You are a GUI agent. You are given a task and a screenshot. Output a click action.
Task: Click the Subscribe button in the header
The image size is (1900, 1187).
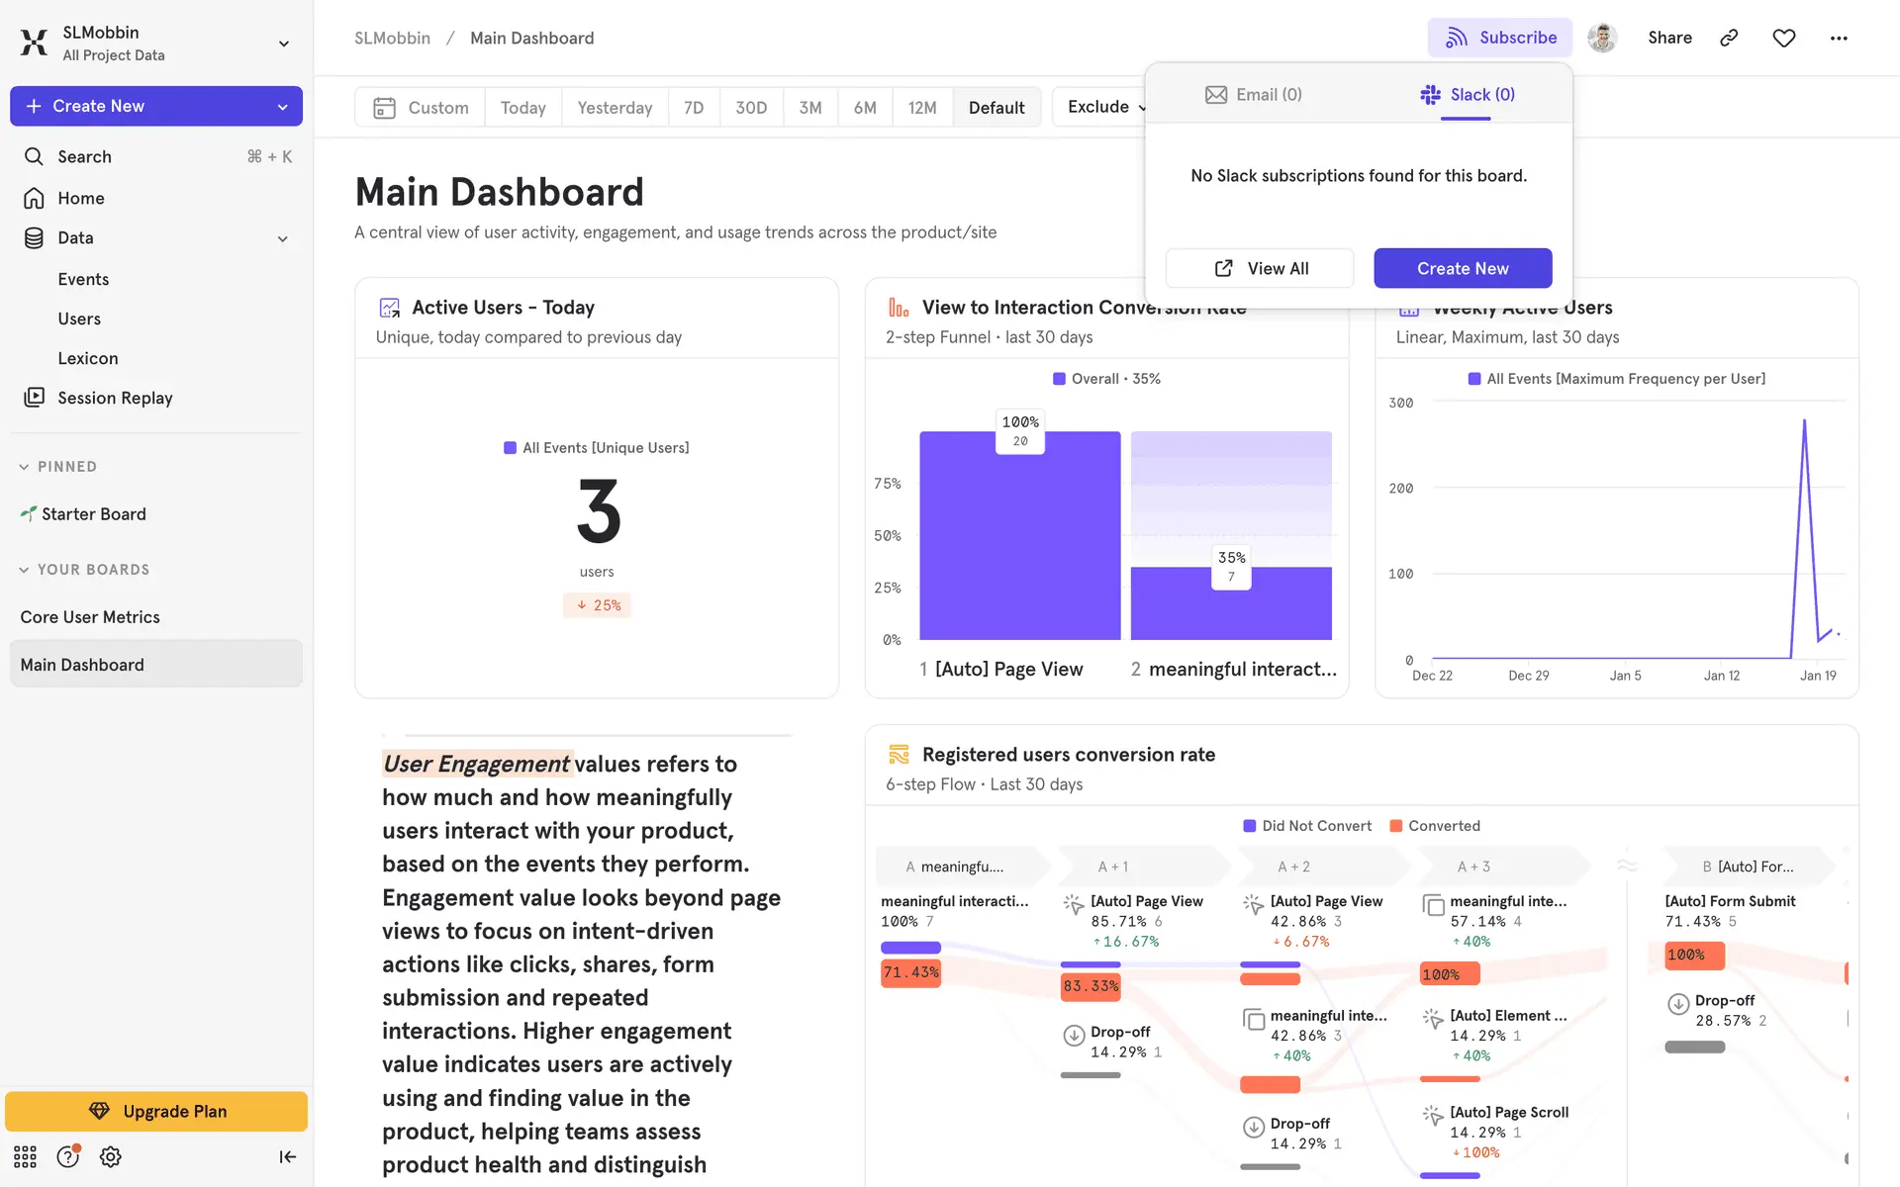coord(1499,38)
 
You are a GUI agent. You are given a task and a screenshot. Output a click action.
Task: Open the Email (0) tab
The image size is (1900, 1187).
coord(1253,95)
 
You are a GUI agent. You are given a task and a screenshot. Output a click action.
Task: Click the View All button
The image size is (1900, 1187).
coord(1260,268)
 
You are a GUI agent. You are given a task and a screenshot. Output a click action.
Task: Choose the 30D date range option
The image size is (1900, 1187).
coord(751,107)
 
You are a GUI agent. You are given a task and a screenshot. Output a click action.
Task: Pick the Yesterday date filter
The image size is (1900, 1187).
coord(615,107)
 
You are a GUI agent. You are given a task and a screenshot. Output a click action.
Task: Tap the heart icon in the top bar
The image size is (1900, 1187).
coord(1783,38)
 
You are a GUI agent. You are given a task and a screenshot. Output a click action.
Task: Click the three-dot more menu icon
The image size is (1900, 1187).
coord(1839,38)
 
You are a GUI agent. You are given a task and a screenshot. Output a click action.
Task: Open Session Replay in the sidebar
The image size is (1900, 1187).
coord(115,398)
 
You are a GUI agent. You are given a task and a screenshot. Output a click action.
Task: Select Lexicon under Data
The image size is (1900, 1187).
coord(88,358)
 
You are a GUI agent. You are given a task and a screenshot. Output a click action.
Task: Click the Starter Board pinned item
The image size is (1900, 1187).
coord(93,514)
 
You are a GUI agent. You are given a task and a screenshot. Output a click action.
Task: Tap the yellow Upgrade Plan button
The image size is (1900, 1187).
coord(156,1111)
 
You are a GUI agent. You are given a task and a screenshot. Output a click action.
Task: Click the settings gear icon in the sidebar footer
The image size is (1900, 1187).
coord(111,1156)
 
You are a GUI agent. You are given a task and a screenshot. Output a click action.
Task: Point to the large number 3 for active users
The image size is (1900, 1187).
coord(598,511)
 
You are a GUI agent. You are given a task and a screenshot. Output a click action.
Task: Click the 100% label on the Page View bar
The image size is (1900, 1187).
coord(1020,422)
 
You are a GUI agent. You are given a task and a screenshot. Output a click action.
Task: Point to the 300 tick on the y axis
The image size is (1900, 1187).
coord(1400,403)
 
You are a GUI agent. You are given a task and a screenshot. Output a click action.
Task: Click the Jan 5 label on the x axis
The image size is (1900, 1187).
coord(1625,676)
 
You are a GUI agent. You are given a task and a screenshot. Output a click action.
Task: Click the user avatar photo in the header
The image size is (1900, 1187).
coord(1602,38)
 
